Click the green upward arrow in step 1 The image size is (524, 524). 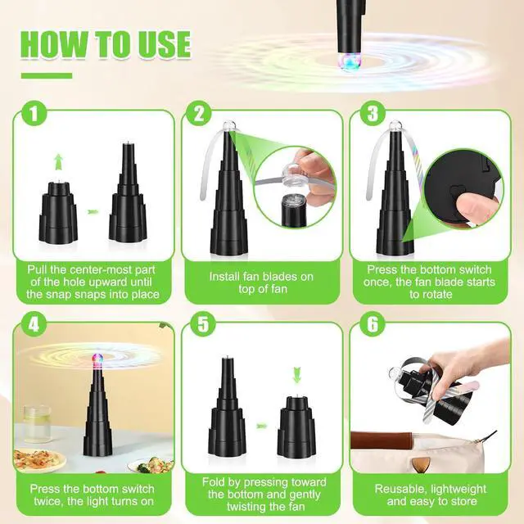(56, 160)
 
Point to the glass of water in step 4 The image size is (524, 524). (37, 425)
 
